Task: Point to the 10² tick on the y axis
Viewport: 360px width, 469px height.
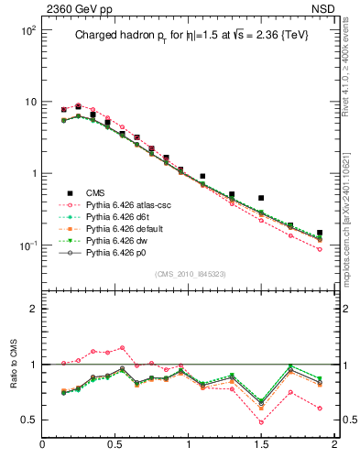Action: (x=27, y=30)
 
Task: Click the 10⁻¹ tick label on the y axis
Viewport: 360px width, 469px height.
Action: (x=27, y=245)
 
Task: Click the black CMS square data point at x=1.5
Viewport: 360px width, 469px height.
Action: (x=261, y=198)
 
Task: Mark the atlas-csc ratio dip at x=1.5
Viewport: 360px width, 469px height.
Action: (x=261, y=422)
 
